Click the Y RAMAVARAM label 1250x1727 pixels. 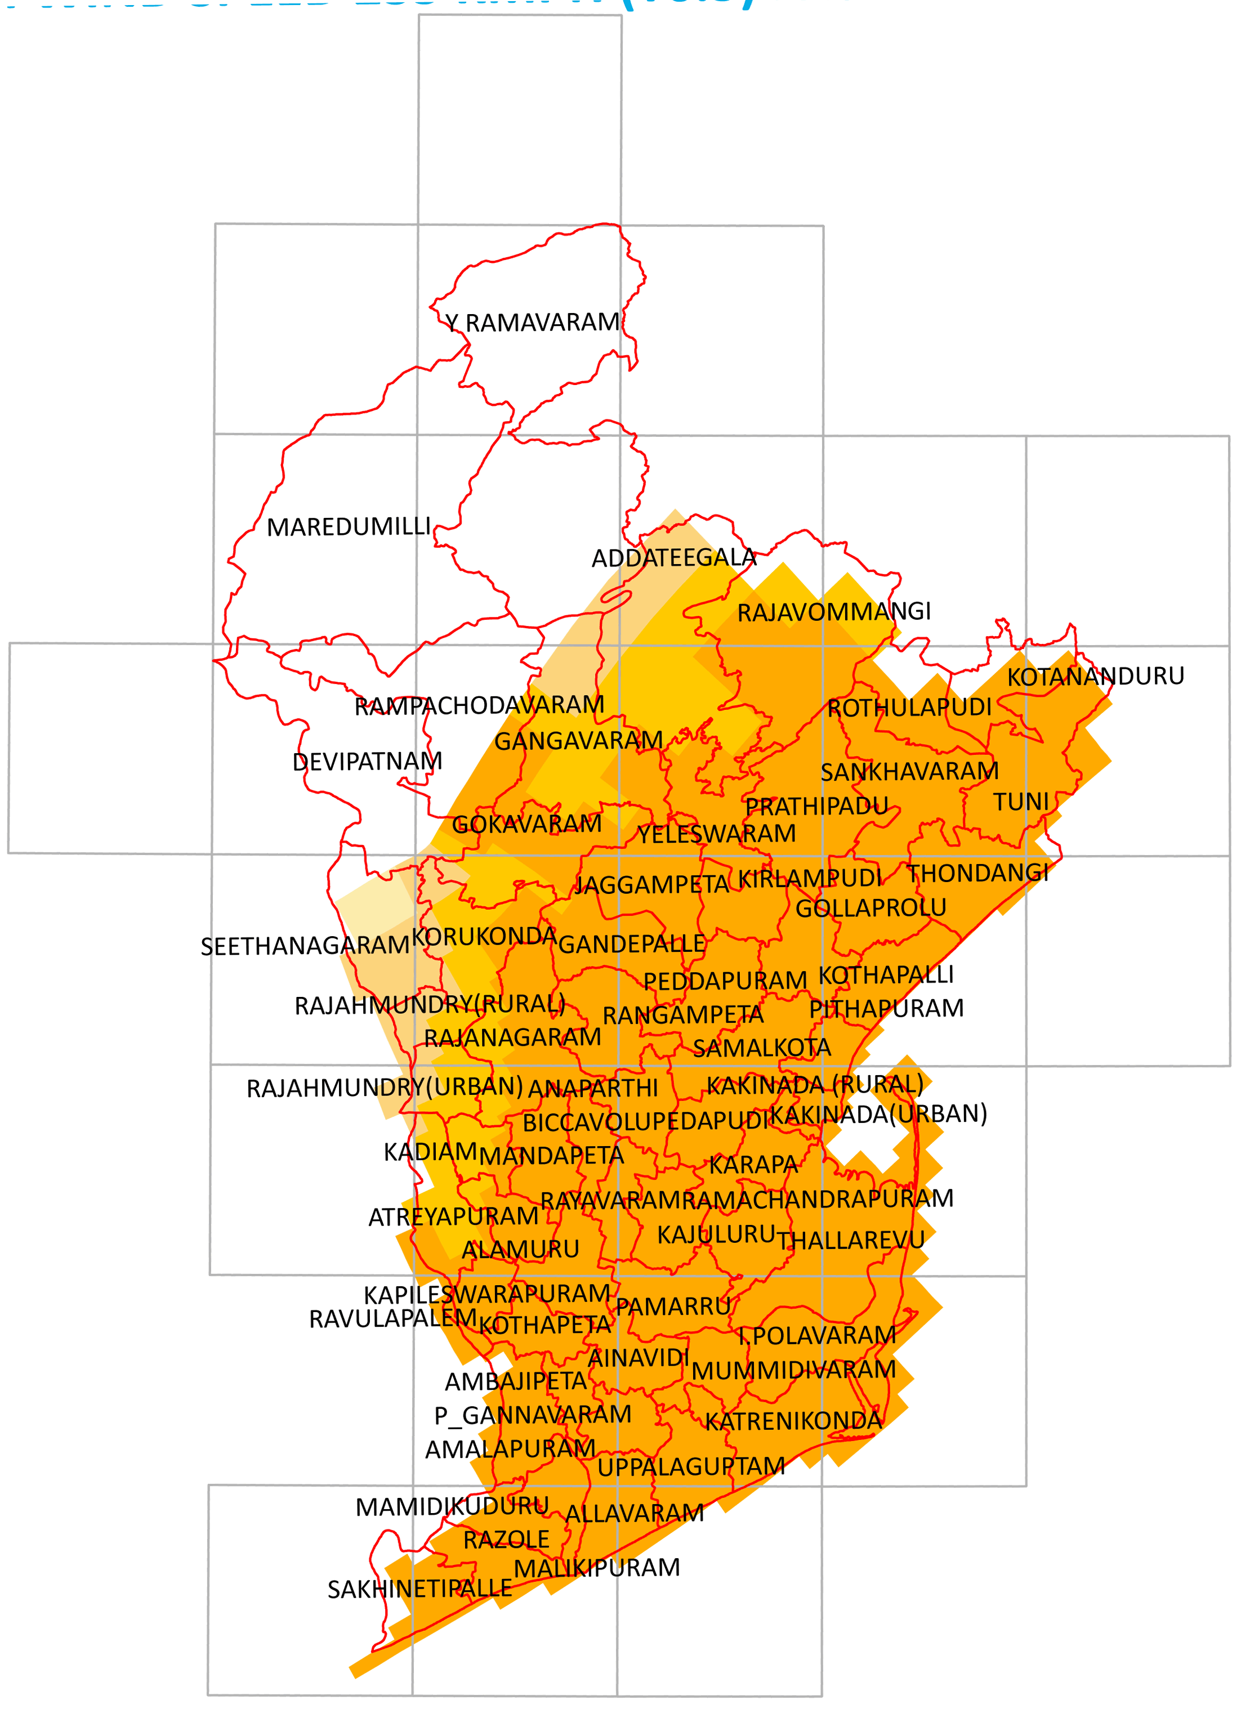click(533, 323)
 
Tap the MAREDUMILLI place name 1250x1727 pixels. click(349, 527)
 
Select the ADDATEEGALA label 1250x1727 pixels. click(674, 558)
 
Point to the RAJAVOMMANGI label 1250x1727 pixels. click(834, 611)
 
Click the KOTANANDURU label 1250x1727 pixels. click(1095, 676)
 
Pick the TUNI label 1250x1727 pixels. click(1021, 802)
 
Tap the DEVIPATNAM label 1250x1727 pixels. click(367, 762)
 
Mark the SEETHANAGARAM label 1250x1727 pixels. click(305, 946)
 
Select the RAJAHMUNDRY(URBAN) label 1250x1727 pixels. click(385, 1088)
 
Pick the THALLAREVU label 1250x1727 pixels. click(851, 1241)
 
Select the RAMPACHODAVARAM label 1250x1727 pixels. click(479, 706)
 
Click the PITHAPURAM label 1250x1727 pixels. click(886, 1009)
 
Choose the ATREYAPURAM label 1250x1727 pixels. click(453, 1217)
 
